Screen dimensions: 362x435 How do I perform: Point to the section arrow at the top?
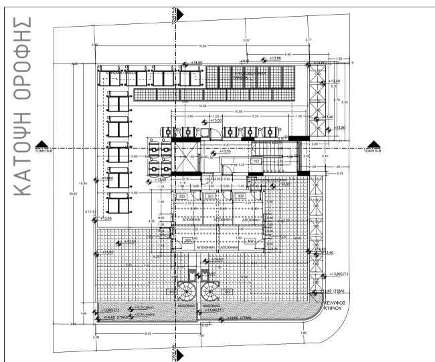(x=183, y=13)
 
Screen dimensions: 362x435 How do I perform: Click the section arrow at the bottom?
(x=183, y=351)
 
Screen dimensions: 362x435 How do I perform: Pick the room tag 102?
(x=256, y=161)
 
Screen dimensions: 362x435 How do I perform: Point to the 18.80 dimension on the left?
(x=84, y=183)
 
